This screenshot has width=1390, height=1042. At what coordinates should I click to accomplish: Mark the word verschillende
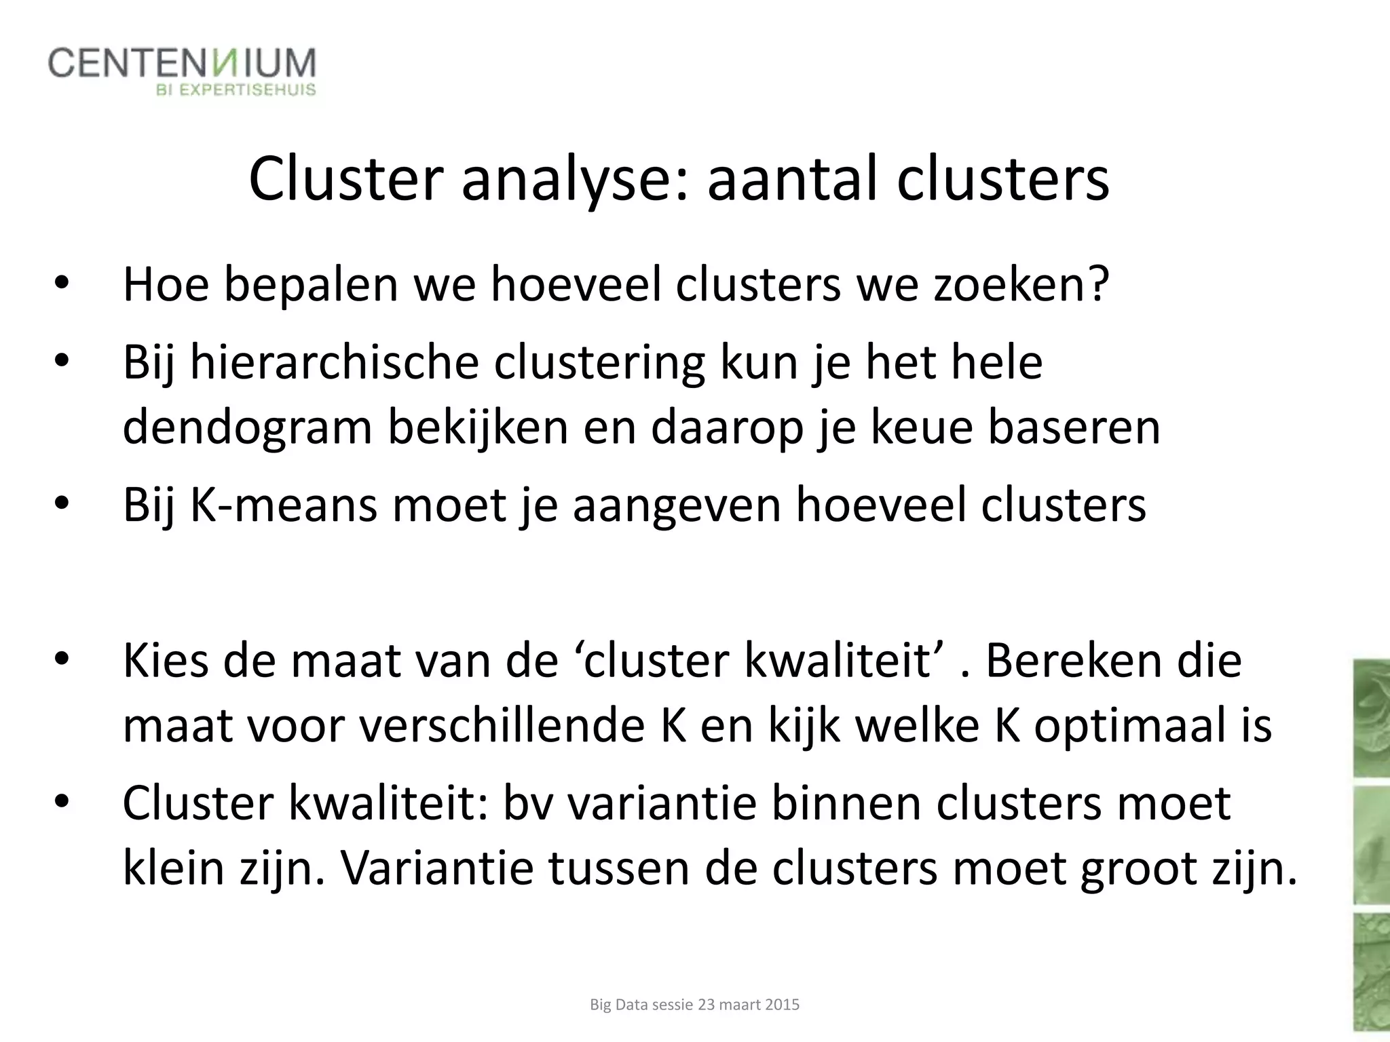(502, 727)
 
